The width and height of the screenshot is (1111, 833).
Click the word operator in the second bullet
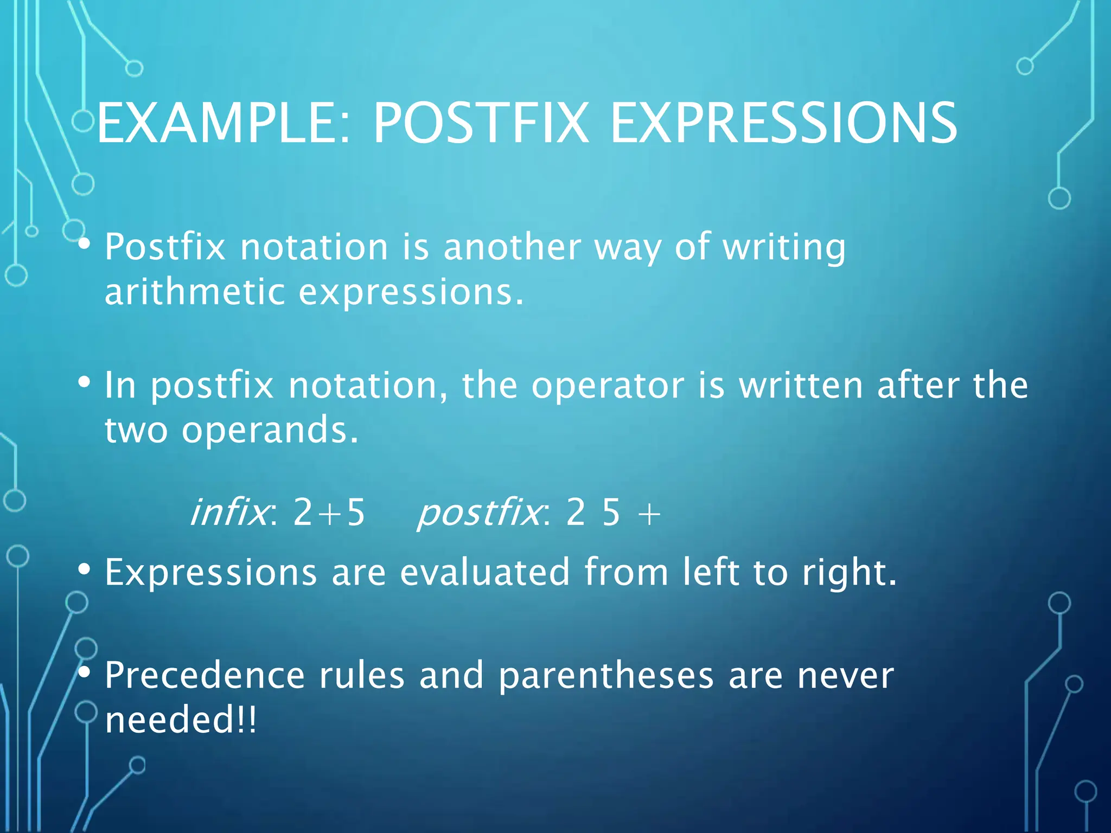[x=608, y=386]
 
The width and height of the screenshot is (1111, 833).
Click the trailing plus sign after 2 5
[x=649, y=513]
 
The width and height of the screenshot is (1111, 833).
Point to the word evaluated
[x=485, y=572]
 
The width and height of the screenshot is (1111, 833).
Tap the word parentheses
[x=606, y=677]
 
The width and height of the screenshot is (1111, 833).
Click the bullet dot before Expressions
[x=84, y=569]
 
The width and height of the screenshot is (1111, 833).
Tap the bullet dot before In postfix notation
[x=84, y=382]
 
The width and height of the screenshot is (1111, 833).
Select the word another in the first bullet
[x=512, y=247]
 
